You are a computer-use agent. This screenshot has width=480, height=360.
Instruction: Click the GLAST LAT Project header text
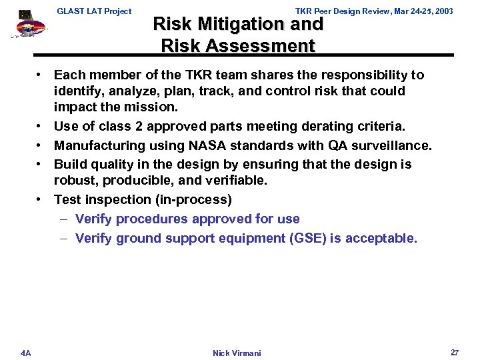94,11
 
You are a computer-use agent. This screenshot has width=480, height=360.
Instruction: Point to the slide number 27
454,352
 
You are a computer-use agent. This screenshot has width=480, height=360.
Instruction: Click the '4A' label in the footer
25,353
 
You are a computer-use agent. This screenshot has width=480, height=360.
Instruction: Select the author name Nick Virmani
237,353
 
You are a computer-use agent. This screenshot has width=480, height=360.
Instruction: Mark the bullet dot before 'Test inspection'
41,199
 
